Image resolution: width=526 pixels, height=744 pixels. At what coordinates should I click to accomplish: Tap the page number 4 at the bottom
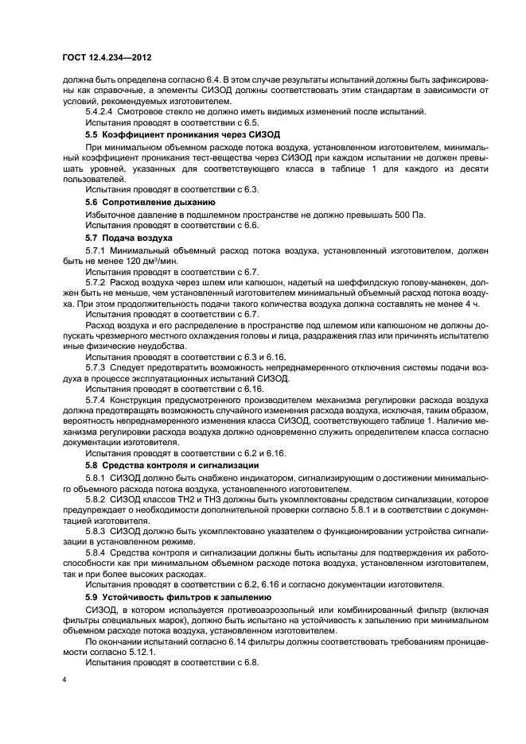pos(65,680)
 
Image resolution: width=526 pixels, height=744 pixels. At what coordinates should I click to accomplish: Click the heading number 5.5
pos(92,136)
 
